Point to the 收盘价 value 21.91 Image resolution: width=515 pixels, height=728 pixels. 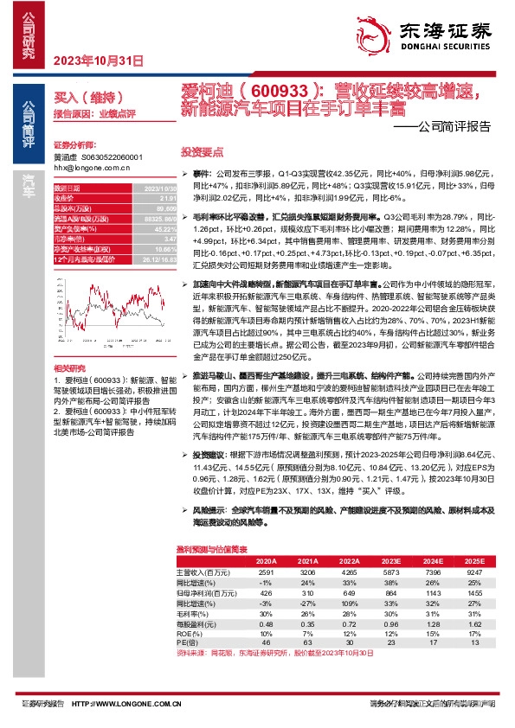tap(156, 198)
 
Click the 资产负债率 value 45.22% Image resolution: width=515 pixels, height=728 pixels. tap(153, 229)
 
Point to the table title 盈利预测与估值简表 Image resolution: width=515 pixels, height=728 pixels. tap(212, 549)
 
